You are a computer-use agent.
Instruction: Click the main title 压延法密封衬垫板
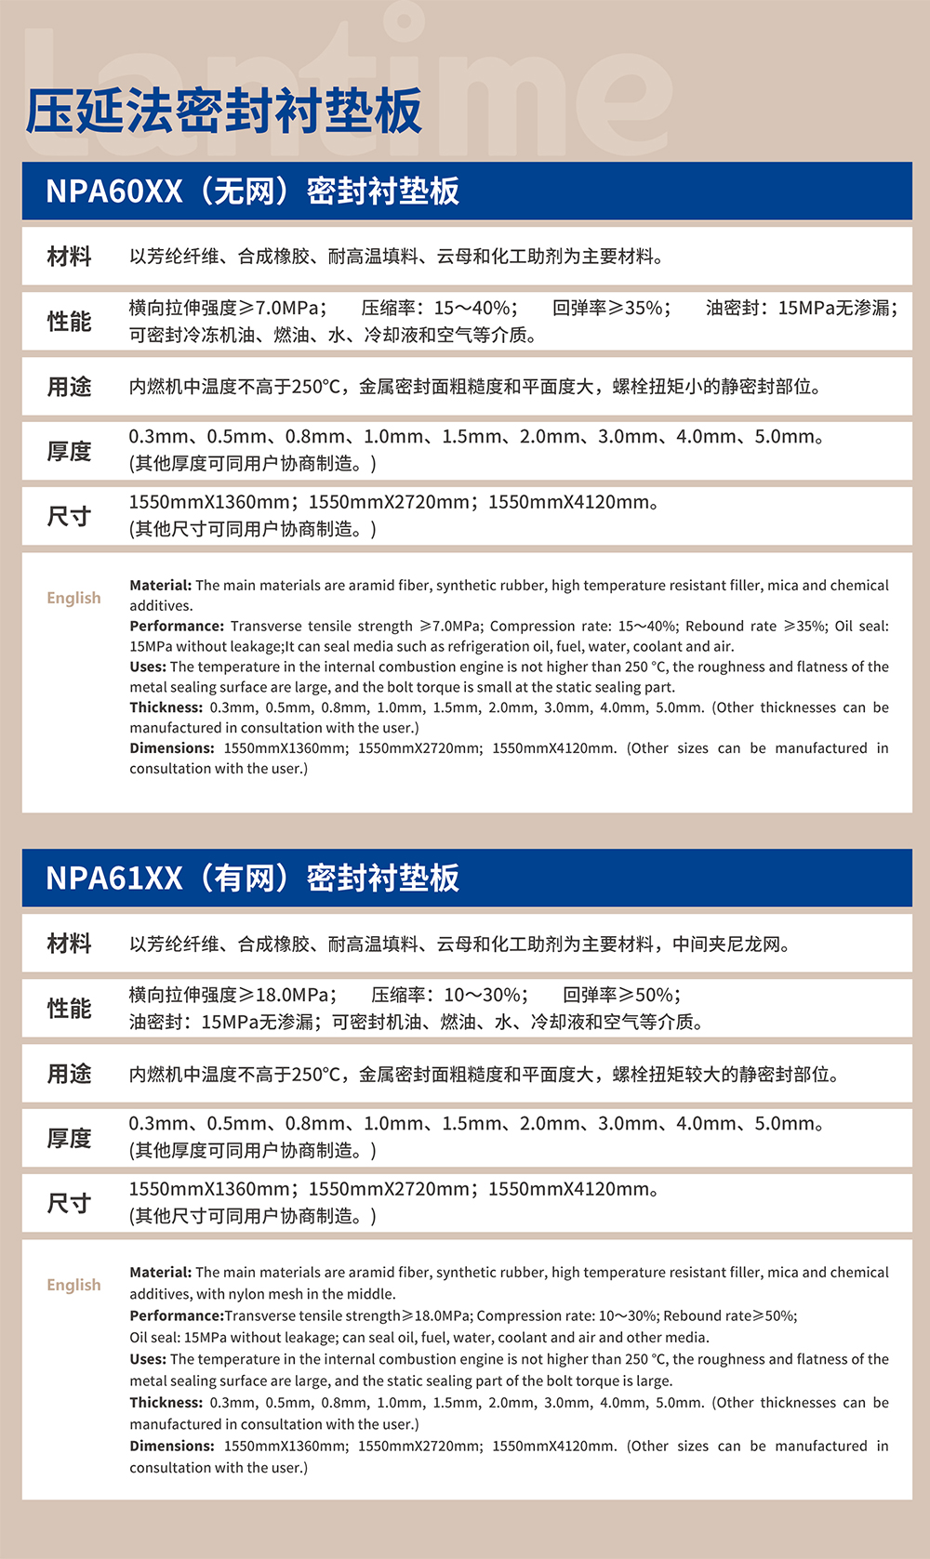[224, 112]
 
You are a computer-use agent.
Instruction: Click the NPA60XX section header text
[252, 192]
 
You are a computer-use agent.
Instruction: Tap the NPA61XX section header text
[252, 879]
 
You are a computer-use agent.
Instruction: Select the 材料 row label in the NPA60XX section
[69, 257]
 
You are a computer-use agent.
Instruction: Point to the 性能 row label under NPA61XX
[69, 1009]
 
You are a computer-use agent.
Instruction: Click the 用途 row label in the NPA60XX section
[69, 387]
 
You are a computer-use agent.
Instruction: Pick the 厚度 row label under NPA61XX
[69, 1139]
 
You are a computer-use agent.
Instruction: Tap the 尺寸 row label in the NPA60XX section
[69, 517]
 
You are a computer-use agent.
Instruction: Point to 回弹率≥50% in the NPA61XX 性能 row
[621, 995]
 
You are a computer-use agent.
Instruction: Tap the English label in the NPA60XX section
[73, 598]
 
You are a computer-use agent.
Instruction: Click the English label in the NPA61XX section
[73, 1285]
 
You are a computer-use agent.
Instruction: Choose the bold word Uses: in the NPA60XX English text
[148, 667]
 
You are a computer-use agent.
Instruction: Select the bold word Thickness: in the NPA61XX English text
[166, 1403]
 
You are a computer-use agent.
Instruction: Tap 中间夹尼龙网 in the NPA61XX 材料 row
[730, 945]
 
